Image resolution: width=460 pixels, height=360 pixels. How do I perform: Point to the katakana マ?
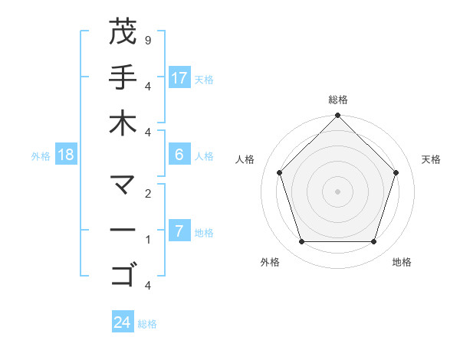coord(123,185)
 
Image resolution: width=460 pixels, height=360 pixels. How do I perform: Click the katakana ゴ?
coord(123,273)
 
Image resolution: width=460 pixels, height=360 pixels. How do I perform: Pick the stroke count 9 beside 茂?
coord(147,40)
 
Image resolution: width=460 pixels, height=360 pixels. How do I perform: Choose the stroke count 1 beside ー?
coord(147,239)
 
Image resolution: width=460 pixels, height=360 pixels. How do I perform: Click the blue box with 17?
coord(179,78)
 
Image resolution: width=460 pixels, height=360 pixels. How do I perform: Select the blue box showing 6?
coord(179,155)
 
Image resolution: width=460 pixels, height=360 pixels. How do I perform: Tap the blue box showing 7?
coord(179,231)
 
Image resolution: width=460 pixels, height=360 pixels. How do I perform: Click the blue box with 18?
coord(67,155)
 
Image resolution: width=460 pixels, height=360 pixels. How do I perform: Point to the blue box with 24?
coord(123,322)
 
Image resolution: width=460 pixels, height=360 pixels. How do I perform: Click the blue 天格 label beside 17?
coord(204,79)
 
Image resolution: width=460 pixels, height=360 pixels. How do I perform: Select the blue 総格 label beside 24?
coord(147,324)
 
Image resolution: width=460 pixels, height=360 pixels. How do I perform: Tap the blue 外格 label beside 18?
coord(41,155)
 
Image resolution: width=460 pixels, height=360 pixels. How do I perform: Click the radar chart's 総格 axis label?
coord(338,100)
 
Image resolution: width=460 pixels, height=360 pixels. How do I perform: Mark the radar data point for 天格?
coord(396,172)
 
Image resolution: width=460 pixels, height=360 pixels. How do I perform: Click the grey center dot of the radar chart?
coord(338,191)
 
